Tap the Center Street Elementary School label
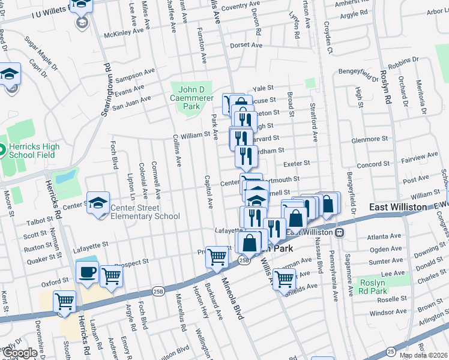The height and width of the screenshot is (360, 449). click(x=145, y=212)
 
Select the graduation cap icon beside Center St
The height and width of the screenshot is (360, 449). click(x=98, y=203)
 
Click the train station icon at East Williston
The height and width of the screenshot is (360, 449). click(x=340, y=232)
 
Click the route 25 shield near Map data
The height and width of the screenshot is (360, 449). click(x=391, y=351)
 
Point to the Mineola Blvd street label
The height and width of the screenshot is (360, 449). click(x=233, y=298)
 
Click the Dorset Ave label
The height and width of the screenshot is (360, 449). click(x=246, y=45)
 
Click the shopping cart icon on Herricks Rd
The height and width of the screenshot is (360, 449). click(x=65, y=302)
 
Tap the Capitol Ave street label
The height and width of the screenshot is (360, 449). click(x=209, y=194)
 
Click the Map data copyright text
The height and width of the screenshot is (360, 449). click(x=423, y=355)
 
